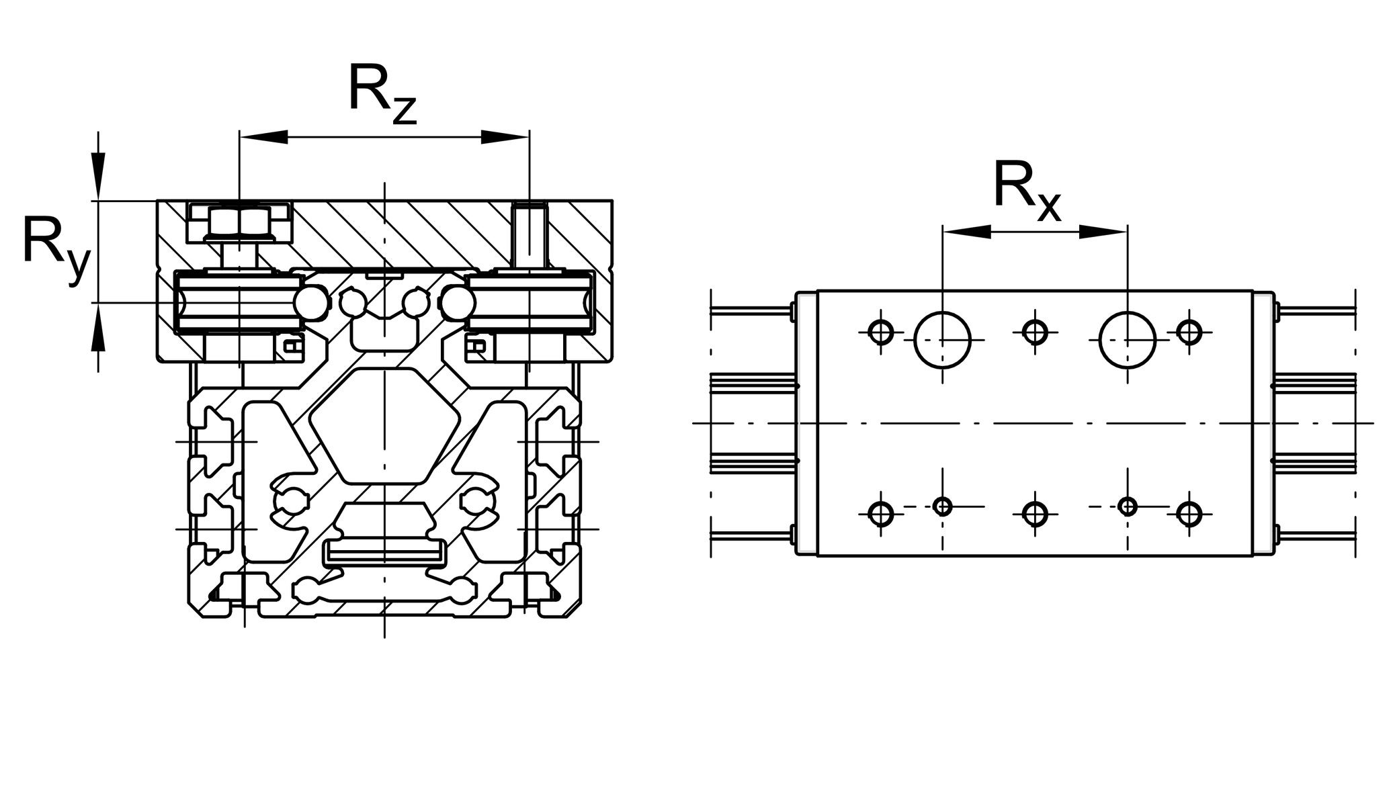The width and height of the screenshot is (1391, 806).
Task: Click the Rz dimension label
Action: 382,94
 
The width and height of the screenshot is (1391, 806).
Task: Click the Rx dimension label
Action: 1026,189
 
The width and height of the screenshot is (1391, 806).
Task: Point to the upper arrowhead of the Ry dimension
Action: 99,176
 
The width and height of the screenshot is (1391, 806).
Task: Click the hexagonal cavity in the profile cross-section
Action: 384,424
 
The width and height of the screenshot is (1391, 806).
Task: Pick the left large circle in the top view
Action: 943,340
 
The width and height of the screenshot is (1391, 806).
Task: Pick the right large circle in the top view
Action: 1128,340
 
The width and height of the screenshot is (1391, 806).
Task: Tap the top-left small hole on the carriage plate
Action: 880,332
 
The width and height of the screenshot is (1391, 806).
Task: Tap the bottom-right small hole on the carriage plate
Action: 1189,514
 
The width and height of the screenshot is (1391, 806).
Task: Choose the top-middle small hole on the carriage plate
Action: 1035,332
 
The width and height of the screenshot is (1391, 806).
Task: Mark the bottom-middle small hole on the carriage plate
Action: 1035,514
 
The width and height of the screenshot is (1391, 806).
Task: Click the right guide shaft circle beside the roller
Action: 458,303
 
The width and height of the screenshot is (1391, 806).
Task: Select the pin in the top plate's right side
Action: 530,235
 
